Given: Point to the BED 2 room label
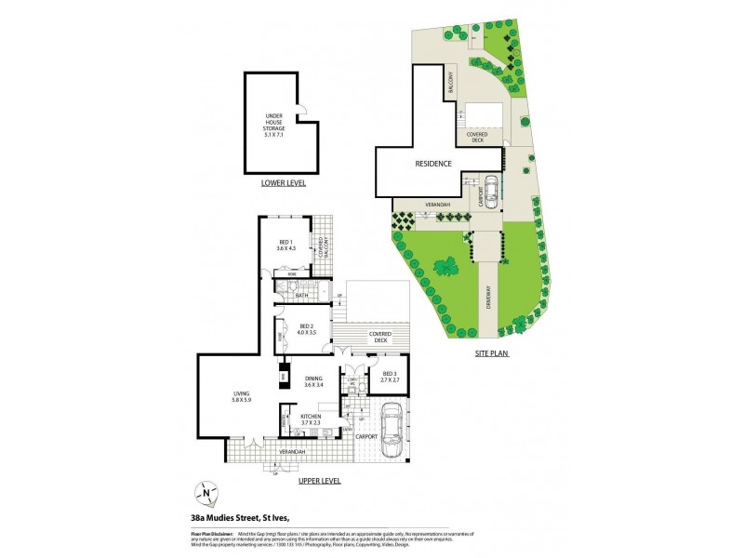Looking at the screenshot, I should [x=307, y=329].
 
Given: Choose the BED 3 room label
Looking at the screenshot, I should [x=390, y=378].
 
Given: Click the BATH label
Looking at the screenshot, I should [x=302, y=295].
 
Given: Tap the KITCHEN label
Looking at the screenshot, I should [x=310, y=420].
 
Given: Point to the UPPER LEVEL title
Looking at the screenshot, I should [x=320, y=481].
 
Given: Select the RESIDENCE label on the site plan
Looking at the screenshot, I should [x=433, y=164].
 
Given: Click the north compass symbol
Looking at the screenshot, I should [x=206, y=493].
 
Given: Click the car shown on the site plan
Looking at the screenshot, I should [x=490, y=189].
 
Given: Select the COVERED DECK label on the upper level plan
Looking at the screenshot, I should [x=379, y=336].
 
